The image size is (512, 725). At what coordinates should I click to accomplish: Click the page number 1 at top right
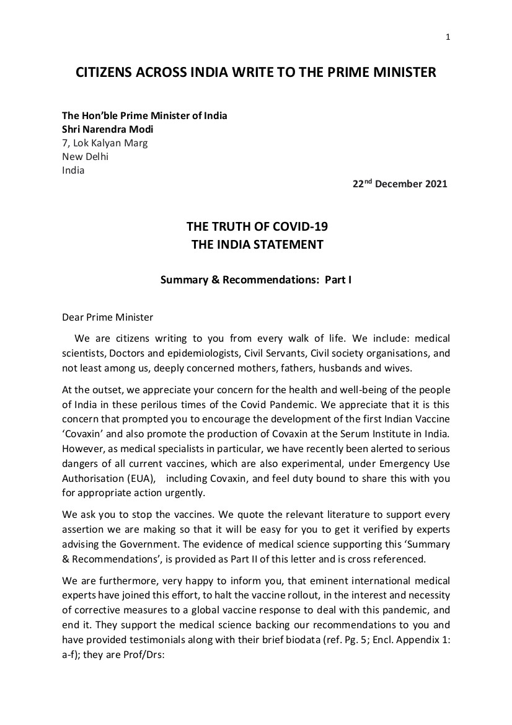click(448, 37)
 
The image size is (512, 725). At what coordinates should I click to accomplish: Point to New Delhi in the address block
click(85, 157)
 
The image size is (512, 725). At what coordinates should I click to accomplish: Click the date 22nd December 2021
click(399, 184)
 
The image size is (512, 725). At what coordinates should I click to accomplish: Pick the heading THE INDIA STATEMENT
click(256, 244)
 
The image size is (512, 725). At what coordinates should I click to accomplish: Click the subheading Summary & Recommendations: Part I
click(256, 280)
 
